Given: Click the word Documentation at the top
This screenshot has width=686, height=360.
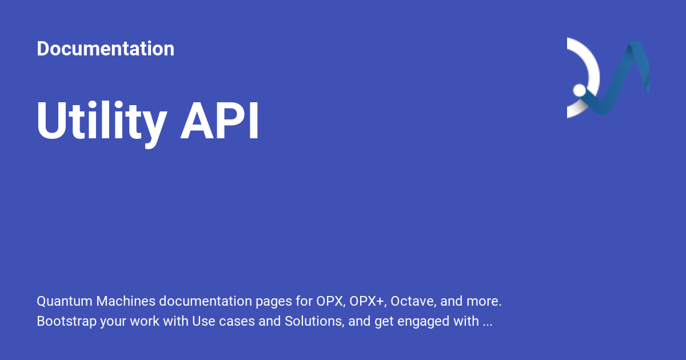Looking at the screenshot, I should (x=105, y=49).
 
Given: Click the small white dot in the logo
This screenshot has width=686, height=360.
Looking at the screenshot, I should (x=579, y=90).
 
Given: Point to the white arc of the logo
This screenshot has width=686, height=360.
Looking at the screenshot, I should (x=592, y=63).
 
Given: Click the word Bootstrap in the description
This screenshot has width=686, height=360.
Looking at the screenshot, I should (x=66, y=321).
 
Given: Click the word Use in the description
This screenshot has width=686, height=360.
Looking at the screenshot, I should (x=203, y=321).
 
